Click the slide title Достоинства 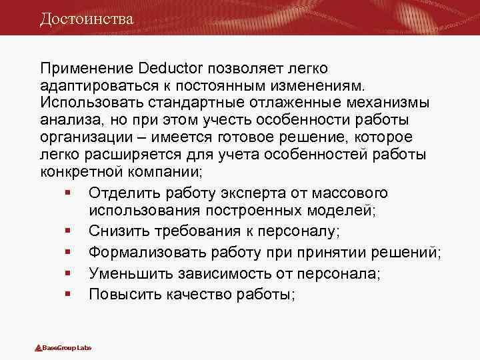click(x=87, y=18)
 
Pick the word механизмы click(x=387, y=103)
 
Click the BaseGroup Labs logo click(x=63, y=348)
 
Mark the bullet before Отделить click(x=69, y=193)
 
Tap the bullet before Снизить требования click(x=69, y=231)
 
